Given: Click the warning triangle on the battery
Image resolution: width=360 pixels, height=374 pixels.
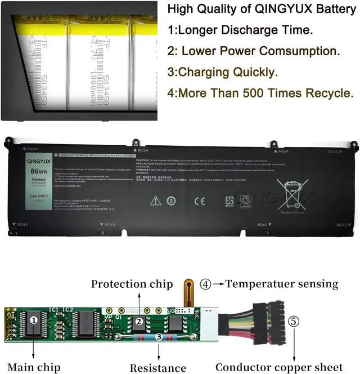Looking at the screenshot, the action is click(156, 200).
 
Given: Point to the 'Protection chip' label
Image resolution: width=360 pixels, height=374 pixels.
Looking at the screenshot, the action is click(132, 284).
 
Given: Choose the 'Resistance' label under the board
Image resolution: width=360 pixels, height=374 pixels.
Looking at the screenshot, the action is click(157, 368).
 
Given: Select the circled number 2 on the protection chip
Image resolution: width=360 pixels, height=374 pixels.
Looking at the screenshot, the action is click(138, 322).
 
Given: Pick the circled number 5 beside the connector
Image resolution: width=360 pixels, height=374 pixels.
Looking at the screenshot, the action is click(294, 323).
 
